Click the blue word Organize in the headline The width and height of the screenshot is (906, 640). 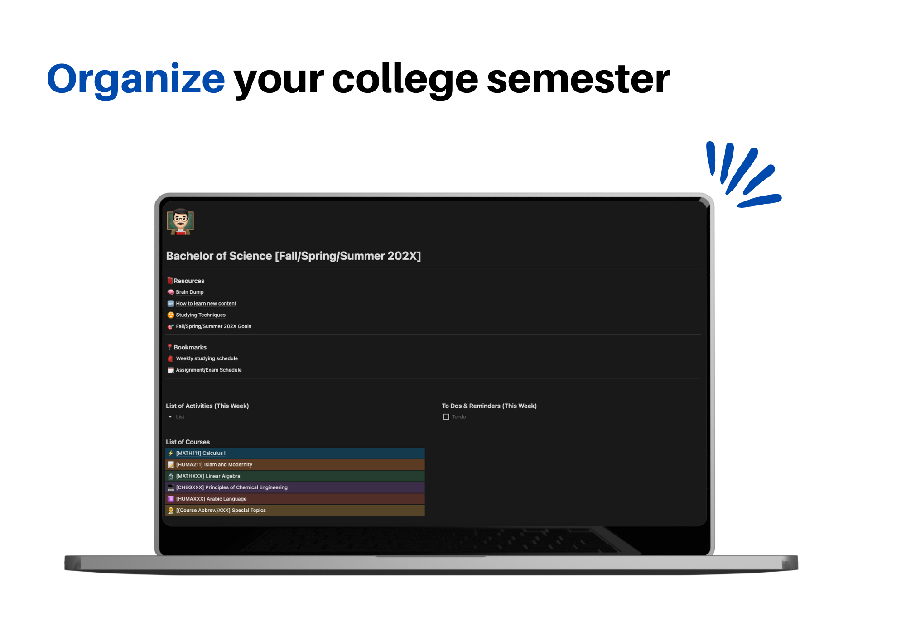pyautogui.click(x=136, y=79)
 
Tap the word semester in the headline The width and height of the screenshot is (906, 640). pyautogui.click(x=578, y=79)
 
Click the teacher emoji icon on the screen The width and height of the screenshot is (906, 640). pyautogui.click(x=180, y=222)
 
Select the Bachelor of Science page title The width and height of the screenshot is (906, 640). pyautogui.click(x=293, y=256)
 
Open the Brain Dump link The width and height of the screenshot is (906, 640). pyautogui.click(x=189, y=292)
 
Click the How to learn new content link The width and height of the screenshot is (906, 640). pyautogui.click(x=206, y=304)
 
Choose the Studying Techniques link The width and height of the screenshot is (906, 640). pyautogui.click(x=200, y=315)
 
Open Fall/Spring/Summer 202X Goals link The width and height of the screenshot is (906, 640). pyautogui.click(x=213, y=326)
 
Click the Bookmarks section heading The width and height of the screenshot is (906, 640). pyautogui.click(x=190, y=348)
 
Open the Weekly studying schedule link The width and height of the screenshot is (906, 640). pyautogui.click(x=207, y=358)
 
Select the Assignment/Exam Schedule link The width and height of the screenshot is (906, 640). pyautogui.click(x=208, y=370)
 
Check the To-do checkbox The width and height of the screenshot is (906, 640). pyautogui.click(x=446, y=417)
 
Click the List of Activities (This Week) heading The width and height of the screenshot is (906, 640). pyautogui.click(x=207, y=406)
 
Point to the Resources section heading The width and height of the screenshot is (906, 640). pyautogui.click(x=189, y=281)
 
